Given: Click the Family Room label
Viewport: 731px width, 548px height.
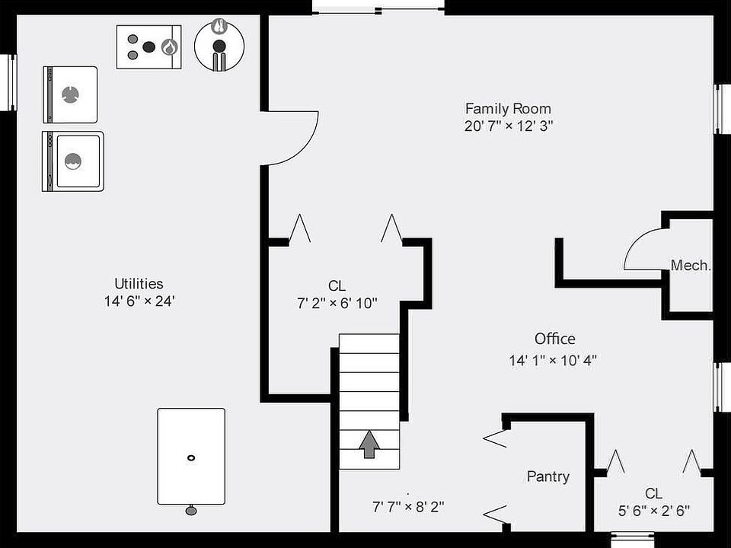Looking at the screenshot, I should click(x=508, y=108).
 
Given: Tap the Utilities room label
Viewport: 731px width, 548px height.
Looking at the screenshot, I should click(x=139, y=284).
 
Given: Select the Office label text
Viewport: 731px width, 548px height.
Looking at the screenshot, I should click(x=554, y=339).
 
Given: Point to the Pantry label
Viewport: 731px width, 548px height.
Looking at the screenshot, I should click(x=547, y=476).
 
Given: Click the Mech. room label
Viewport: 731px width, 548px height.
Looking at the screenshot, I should click(x=691, y=266).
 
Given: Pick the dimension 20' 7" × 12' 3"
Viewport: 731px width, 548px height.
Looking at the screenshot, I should click(x=508, y=126).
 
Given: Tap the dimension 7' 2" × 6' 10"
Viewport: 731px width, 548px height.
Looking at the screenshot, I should click(x=337, y=303).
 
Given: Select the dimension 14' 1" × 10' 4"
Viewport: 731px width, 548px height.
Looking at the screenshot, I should click(x=553, y=361).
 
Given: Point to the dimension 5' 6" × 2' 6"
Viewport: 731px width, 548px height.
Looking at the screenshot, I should click(x=653, y=510).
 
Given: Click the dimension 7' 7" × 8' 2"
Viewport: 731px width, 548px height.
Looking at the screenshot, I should click(x=407, y=505).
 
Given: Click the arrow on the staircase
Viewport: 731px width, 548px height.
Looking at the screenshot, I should click(x=369, y=444).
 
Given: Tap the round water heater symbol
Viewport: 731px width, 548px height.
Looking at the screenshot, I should click(x=219, y=45).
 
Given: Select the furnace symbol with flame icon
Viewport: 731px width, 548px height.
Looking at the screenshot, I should click(x=150, y=46).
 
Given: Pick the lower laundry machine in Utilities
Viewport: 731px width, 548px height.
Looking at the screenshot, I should click(x=73, y=161).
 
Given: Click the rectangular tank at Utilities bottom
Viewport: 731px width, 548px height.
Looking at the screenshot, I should click(x=190, y=456).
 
